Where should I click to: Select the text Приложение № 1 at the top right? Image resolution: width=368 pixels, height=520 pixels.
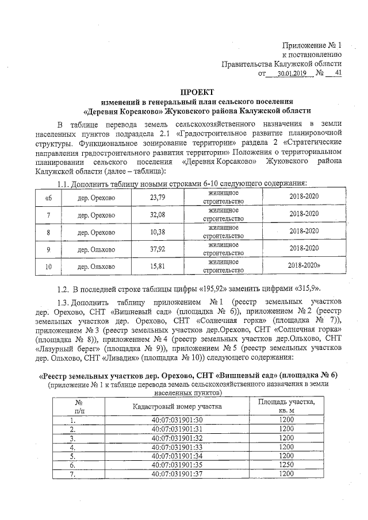click(312, 45)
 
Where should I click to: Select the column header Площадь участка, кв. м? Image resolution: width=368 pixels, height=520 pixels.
click(286, 390)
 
